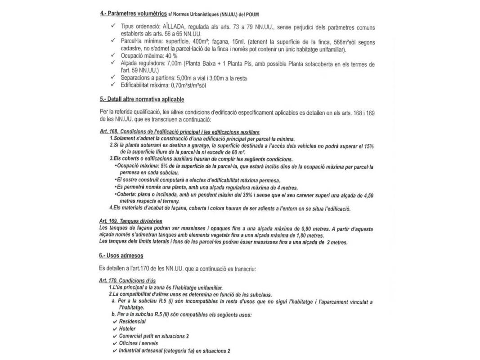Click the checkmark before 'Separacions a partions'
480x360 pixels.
111,78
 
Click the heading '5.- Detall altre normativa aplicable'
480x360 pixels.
142,99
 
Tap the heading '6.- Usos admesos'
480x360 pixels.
121,256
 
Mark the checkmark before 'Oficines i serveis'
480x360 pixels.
115,343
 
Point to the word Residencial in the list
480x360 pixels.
132,322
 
